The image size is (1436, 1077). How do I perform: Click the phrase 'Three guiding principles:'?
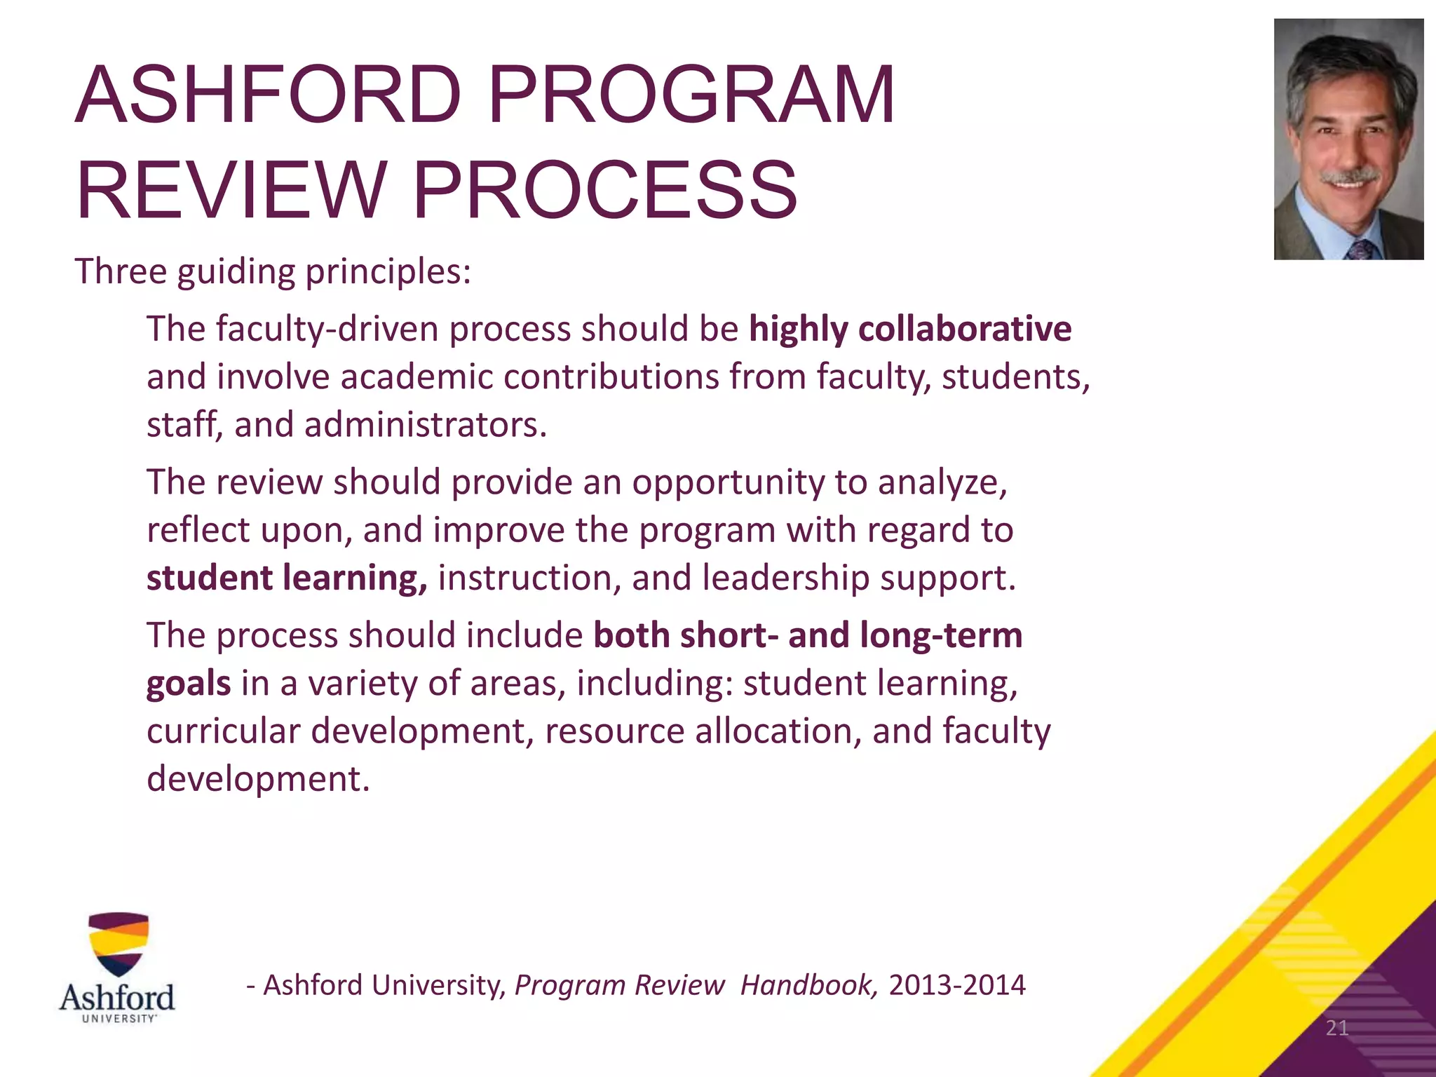pos(273,272)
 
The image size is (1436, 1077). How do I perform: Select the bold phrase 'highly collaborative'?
pos(909,329)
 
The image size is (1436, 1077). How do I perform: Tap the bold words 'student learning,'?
pos(286,578)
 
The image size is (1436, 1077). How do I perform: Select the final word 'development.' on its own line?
pos(257,779)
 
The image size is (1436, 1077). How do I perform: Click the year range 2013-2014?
pos(956,985)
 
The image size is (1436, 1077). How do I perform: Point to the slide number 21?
pos(1336,1028)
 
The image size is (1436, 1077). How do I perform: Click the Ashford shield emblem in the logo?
pos(118,944)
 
